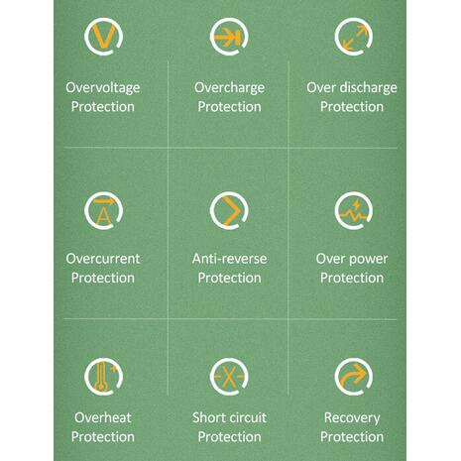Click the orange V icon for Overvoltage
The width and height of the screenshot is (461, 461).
(103, 36)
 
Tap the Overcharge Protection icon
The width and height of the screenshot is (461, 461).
(229, 37)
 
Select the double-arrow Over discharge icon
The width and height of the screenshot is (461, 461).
(354, 37)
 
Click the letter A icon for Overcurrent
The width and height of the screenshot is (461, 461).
(103, 210)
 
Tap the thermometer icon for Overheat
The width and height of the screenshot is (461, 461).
(103, 377)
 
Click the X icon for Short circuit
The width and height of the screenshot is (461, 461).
(229, 377)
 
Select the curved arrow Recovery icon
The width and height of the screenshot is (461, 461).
(354, 377)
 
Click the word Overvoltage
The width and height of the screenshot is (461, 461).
(103, 88)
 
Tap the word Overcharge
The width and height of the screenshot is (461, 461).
(229, 88)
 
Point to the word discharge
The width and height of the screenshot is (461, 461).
(369, 88)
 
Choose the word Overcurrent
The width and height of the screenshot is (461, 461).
(103, 259)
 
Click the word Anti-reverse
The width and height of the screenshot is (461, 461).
(229, 259)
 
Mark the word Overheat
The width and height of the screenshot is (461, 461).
(103, 417)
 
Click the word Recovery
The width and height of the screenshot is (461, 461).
(352, 418)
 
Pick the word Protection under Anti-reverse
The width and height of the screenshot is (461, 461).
(229, 278)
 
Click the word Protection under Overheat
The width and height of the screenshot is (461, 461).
(103, 437)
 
